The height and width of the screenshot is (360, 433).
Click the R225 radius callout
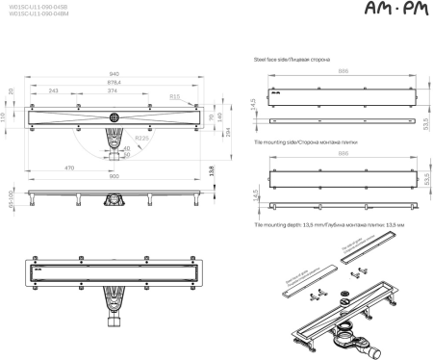coord(140,138)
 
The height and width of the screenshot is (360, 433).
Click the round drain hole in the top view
coord(115,116)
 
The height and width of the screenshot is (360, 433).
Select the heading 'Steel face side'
coord(291,59)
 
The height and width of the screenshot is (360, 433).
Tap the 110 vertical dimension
coord(4,116)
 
